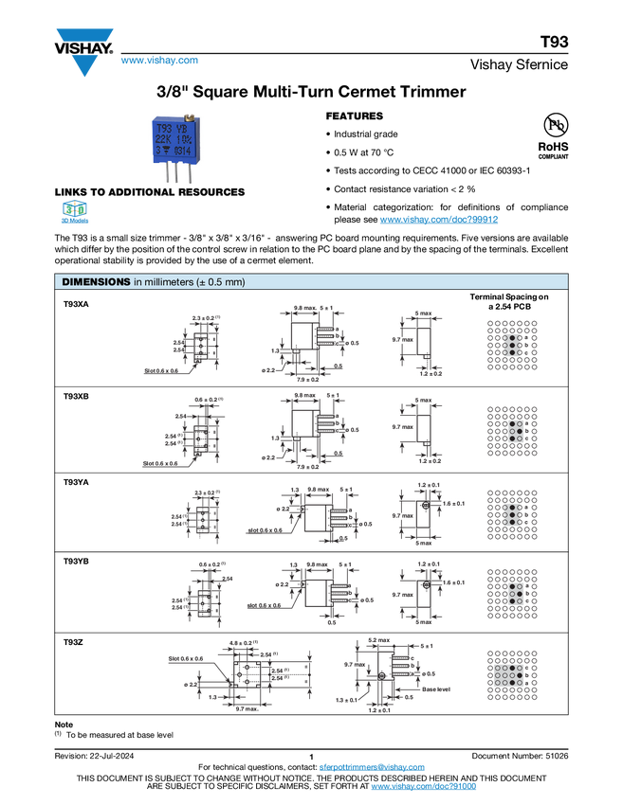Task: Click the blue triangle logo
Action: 85,65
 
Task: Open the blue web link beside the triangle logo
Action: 159,62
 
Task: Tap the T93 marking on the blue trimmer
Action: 164,126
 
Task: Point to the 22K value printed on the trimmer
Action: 164,138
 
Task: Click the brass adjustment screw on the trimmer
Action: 189,117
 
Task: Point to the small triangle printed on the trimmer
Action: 167,151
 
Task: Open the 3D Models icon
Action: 73,214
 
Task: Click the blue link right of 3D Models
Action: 439,220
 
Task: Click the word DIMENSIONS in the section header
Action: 95,282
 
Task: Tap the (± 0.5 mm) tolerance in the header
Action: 220,282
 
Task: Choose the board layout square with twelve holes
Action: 512,675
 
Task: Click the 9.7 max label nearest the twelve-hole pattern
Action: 355,665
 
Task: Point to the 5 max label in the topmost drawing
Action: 423,312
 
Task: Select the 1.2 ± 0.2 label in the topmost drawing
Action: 431,374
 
